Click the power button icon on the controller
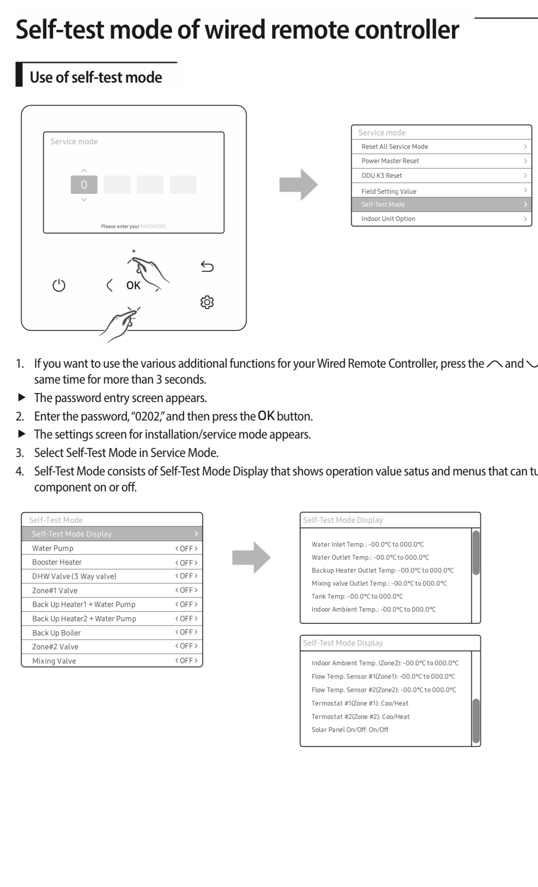(x=59, y=285)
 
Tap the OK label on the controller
(x=133, y=285)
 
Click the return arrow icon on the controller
(x=207, y=267)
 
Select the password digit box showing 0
(x=84, y=184)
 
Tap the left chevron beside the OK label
(x=109, y=285)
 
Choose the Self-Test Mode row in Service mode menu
(x=442, y=205)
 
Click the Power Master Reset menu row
(x=442, y=161)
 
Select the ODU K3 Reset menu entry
(x=442, y=176)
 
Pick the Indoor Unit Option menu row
(x=442, y=219)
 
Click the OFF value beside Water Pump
(x=186, y=548)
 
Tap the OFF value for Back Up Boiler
(x=186, y=632)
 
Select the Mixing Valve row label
(x=54, y=661)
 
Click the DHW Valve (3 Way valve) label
(x=74, y=576)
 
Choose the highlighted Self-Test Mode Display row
(x=112, y=534)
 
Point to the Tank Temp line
(x=357, y=596)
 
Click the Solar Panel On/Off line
(x=350, y=730)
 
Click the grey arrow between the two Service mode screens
(x=298, y=185)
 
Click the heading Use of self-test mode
(x=96, y=77)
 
